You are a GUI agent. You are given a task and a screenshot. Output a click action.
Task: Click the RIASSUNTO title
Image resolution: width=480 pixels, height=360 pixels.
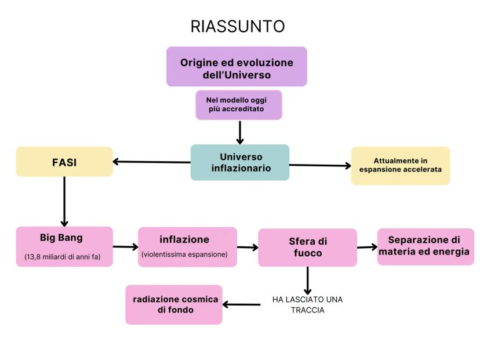[238, 27]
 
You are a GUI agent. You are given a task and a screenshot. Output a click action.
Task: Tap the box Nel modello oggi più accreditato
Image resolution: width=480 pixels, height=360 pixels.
[238, 105]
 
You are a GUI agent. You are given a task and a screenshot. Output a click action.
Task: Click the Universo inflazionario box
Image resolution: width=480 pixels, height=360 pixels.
[240, 162]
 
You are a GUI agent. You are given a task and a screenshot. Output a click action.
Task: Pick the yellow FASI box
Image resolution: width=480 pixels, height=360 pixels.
[64, 162]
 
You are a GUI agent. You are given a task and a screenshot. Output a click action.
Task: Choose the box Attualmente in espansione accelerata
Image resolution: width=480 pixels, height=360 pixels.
[400, 165]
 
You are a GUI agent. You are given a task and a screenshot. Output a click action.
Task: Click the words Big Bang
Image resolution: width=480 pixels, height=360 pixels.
[61, 238]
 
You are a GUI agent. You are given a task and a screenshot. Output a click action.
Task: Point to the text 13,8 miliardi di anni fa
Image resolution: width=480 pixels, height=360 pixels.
[63, 257]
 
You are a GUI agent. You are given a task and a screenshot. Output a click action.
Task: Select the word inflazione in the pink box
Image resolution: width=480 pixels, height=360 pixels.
[184, 239]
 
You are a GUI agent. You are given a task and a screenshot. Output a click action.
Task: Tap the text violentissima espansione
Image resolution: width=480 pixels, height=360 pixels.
[184, 254]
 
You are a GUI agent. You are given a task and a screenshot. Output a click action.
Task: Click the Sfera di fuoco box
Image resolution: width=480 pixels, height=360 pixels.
[307, 248]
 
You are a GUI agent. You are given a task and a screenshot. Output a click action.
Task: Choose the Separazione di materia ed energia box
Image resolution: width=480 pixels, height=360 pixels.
[425, 246]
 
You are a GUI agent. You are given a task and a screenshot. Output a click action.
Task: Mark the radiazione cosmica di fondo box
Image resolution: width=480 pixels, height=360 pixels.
[174, 304]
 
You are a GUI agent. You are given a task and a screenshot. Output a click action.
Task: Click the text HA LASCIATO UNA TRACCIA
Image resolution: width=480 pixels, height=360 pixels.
[307, 304]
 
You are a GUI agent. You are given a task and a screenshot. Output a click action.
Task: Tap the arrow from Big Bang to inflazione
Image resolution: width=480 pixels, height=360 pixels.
[125, 247]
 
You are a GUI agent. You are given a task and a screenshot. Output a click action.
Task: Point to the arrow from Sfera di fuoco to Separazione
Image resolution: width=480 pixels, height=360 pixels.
[367, 247]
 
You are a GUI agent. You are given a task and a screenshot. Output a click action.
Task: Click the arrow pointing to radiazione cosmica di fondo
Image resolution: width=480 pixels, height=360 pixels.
[241, 304]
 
